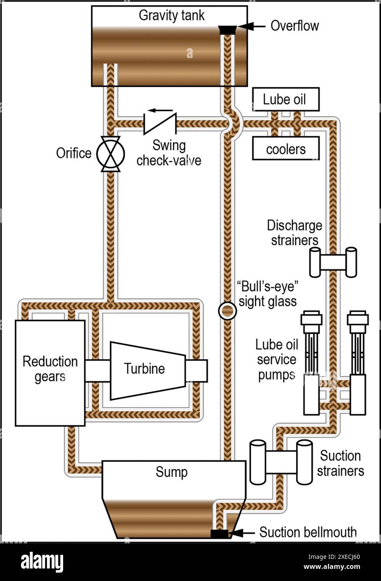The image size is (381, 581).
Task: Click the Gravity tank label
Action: click(x=171, y=16)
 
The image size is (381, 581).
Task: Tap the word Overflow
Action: click(x=294, y=26)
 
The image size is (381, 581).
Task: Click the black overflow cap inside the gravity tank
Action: click(x=228, y=30)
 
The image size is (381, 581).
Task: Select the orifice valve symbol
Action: click(x=110, y=153)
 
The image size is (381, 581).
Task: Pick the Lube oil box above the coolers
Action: click(x=286, y=99)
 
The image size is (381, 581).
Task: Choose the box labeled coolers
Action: click(x=286, y=149)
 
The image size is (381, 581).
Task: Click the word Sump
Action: click(x=171, y=472)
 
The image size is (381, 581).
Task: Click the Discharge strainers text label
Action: click(x=294, y=233)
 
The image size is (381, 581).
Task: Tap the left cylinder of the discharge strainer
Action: click(x=315, y=262)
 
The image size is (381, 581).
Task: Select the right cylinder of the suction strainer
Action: click(x=304, y=461)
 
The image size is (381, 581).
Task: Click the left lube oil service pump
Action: click(x=311, y=364)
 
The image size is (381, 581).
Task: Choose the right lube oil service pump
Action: click(x=358, y=364)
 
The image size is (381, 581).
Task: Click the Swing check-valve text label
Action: click(x=169, y=153)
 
